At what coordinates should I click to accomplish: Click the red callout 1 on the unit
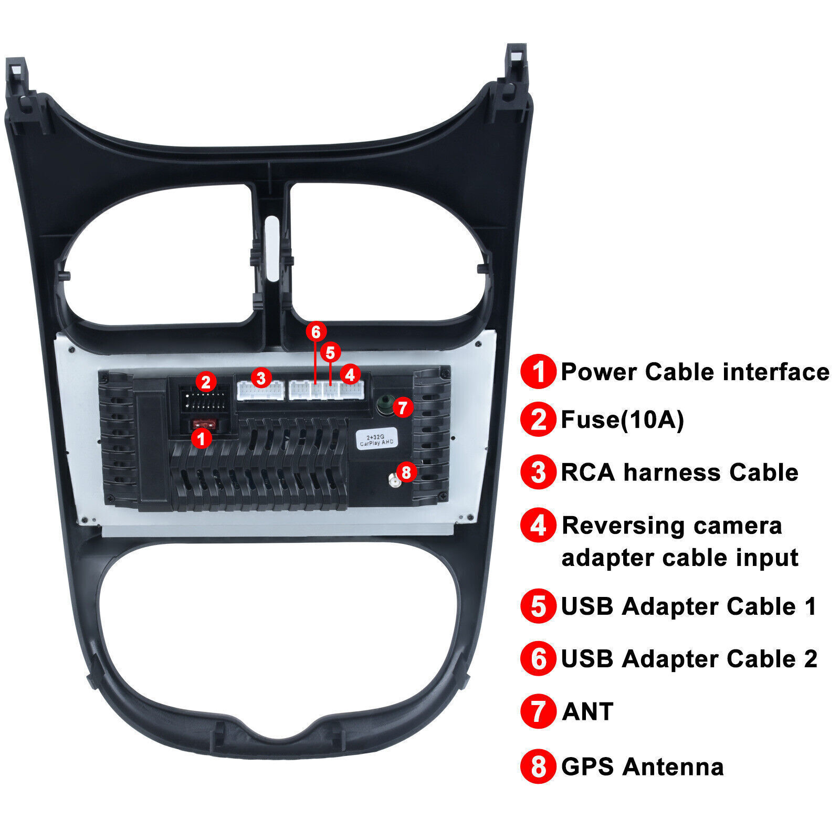[x=201, y=438]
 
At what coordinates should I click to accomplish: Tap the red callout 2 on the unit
[x=206, y=382]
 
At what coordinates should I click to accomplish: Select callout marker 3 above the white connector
[x=261, y=377]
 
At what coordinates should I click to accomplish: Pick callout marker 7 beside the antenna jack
[x=403, y=407]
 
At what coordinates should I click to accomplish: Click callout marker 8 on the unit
[x=406, y=471]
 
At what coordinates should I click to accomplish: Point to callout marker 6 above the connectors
[x=316, y=332]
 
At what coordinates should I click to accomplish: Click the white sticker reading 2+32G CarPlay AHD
[x=376, y=440]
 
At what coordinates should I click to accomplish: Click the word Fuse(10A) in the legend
[x=622, y=420]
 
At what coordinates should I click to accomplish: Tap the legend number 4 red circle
[x=538, y=525]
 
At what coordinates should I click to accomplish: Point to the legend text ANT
[x=587, y=712]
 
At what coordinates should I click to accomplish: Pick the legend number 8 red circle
[x=538, y=766]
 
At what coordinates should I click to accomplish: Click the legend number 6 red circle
[x=538, y=659]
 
